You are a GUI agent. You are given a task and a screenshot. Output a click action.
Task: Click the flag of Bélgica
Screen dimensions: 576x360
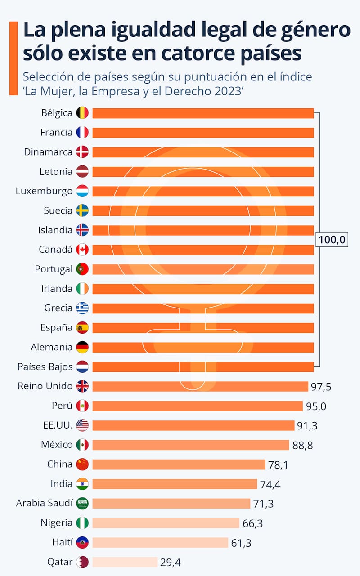coord(82,113)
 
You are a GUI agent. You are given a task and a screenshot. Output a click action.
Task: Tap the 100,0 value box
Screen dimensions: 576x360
coord(332,240)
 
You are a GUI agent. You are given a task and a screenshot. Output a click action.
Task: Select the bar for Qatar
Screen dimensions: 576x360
coord(125,562)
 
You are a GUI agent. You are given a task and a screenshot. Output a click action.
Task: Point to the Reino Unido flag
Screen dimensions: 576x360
coord(82,386)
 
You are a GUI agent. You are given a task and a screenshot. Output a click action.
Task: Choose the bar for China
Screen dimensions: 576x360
coord(179,464)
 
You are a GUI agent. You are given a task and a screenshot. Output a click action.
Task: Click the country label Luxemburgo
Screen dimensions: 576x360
coord(44,191)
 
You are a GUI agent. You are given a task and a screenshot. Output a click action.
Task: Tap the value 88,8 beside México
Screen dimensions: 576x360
coord(302,445)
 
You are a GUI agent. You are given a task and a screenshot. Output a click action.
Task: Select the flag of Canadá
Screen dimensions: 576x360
coord(82,250)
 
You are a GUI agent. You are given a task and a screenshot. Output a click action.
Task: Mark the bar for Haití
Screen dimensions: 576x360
coord(160,542)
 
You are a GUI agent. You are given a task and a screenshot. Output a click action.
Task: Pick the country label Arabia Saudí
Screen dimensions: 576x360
coord(44,503)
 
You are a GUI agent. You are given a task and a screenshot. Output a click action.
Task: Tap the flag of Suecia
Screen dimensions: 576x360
coord(82,210)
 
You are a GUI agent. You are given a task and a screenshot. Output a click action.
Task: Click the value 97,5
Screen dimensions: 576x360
coord(321,387)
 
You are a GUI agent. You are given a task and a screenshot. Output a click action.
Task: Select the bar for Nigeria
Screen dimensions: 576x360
coord(166,523)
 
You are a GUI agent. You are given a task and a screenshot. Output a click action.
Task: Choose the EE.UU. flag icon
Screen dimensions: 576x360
coord(82,425)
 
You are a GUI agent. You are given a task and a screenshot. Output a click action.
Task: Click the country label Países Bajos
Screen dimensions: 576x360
coord(45,366)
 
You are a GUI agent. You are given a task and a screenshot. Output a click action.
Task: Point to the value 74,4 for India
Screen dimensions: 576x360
coord(271,484)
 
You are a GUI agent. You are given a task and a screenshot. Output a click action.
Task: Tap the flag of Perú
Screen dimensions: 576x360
coord(82,406)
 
